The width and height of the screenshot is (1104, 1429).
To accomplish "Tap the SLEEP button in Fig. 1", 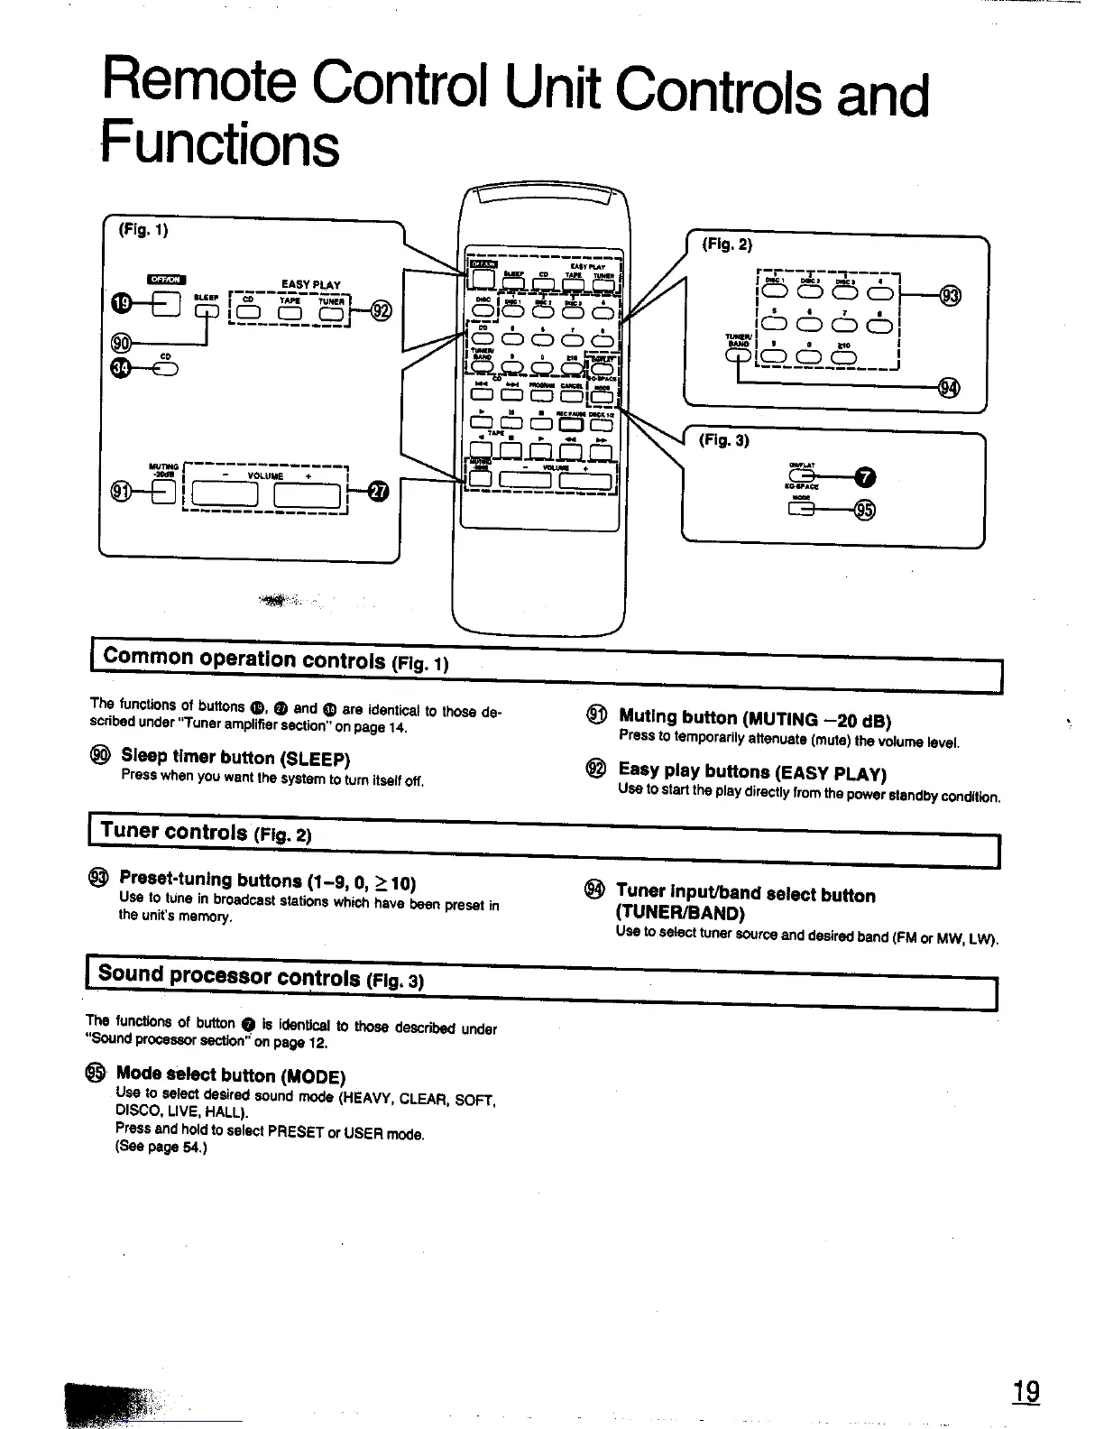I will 208,312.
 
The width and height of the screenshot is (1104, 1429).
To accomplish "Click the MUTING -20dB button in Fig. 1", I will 165,491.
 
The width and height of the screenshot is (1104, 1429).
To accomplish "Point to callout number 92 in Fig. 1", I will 382,311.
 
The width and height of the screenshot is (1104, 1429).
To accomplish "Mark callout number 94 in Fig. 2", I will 950,388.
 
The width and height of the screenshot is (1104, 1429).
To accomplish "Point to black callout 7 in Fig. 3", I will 863,477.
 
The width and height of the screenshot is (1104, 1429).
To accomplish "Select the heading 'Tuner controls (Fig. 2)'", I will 206,831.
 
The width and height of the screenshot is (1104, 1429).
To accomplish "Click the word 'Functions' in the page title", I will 220,144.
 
